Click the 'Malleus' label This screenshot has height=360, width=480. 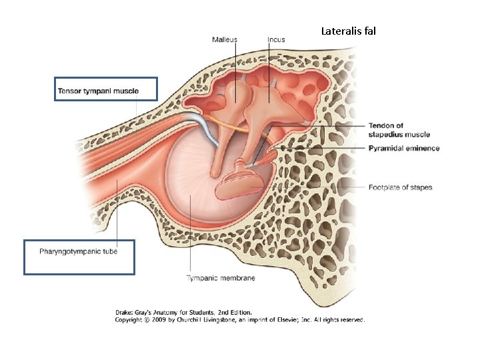pyautogui.click(x=225, y=39)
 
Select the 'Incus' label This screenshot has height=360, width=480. pyautogui.click(x=276, y=39)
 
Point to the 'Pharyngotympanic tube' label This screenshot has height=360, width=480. pyautogui.click(x=78, y=251)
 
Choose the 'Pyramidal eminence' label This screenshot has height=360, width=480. pyautogui.click(x=404, y=148)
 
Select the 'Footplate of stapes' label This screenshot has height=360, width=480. pyautogui.click(x=400, y=187)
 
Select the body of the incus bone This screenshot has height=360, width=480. pyautogui.click(x=267, y=100)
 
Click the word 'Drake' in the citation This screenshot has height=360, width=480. pyautogui.click(x=125, y=312)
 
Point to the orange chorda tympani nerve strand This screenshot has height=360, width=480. pyautogui.click(x=227, y=123)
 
